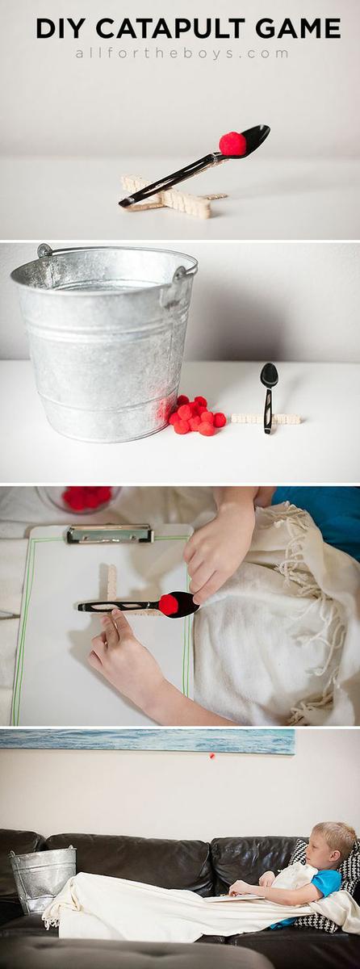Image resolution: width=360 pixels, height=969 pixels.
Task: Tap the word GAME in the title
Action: point(298,29)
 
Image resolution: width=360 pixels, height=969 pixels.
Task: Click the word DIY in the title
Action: point(62,29)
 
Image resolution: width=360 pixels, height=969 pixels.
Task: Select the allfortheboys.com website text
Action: point(182,53)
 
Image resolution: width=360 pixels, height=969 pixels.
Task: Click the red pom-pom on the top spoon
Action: point(232,144)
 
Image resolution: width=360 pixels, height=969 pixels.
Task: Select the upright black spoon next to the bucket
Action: point(268,396)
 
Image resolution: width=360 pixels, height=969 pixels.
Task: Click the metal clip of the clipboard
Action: point(110,534)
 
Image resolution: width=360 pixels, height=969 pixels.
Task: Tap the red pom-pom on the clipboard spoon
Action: point(169,604)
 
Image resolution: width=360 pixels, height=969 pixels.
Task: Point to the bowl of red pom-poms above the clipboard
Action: point(84,498)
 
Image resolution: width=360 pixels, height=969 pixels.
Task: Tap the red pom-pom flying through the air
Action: point(211,756)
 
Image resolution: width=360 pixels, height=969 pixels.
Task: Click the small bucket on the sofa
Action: point(42,878)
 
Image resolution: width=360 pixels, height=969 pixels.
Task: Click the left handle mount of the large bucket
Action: point(44,251)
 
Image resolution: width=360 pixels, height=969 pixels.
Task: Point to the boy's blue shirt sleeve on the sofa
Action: point(328,883)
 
